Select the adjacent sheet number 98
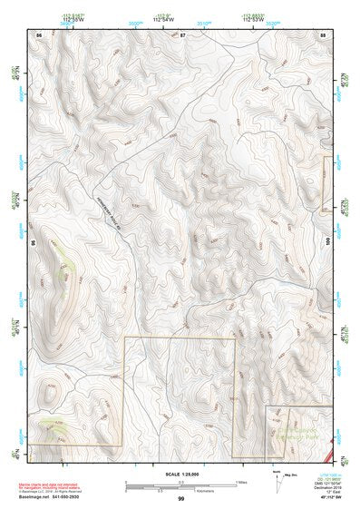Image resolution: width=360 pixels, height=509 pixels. tap(32, 244)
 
